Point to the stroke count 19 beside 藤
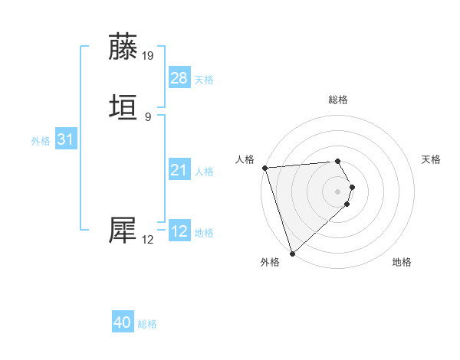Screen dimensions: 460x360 [148, 56]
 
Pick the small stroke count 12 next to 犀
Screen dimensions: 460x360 [148, 240]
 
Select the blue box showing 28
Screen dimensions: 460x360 [179, 78]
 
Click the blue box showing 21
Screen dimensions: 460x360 [179, 170]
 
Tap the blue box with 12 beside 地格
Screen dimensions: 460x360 [179, 231]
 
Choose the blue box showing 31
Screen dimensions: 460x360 [65, 139]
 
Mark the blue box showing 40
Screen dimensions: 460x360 [123, 322]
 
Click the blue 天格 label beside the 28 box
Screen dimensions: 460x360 [204, 80]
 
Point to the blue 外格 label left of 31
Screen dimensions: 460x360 [41, 141]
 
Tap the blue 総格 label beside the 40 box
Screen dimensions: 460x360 [147, 324]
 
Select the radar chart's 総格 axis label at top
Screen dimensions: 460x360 [338, 100]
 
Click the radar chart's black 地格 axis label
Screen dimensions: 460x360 [402, 263]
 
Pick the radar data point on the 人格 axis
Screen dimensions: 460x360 [264, 168]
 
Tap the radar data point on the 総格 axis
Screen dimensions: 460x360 [337, 161]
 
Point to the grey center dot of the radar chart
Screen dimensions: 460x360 [337, 191]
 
